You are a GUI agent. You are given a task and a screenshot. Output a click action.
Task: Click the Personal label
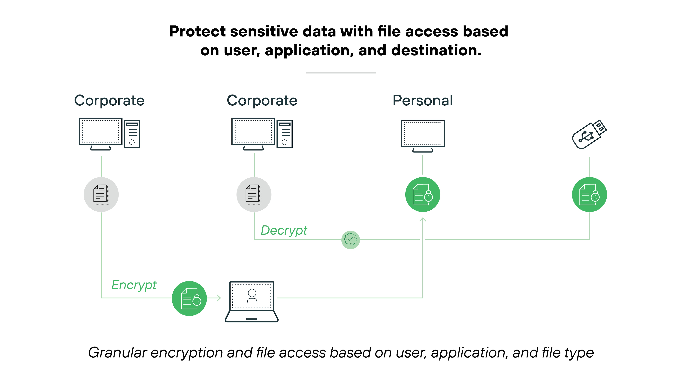coord(423,101)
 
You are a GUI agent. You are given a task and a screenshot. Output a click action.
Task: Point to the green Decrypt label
coord(284,230)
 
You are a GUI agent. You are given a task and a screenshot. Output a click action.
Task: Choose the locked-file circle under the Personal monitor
coord(423,194)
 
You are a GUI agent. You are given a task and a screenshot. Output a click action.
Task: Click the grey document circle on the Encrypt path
coord(101,194)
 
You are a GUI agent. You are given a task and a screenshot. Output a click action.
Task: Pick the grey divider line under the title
coord(341,72)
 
